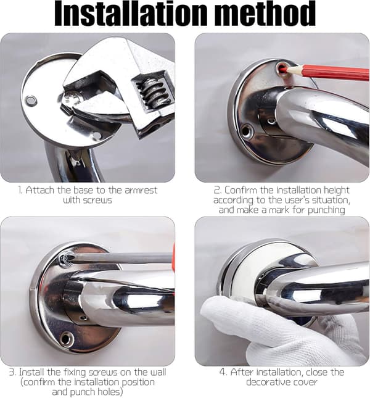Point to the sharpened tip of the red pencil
click(x=283, y=69)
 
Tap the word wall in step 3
click(x=158, y=372)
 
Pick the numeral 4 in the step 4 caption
click(x=223, y=372)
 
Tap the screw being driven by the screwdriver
click(x=65, y=259)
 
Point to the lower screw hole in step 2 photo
click(x=245, y=131)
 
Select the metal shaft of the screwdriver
click(x=121, y=258)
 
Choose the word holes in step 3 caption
click(x=109, y=392)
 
